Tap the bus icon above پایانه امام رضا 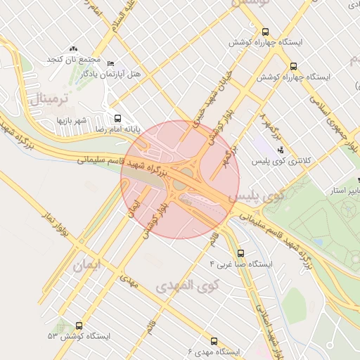click(116, 119)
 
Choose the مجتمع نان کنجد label click(74, 58)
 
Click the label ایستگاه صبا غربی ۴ click(240, 264)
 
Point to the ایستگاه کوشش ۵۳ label click(79, 337)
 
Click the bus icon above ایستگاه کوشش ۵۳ click(77, 326)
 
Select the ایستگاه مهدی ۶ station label click(214, 351)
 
